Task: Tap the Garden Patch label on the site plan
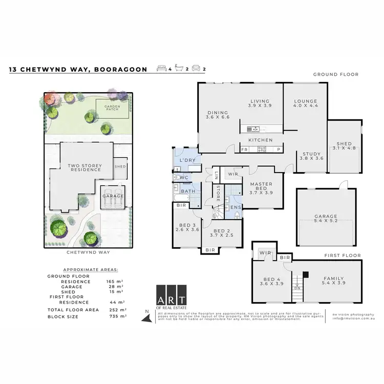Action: tap(112, 108)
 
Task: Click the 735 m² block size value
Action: tap(118, 316)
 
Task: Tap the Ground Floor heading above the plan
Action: tap(336, 74)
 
